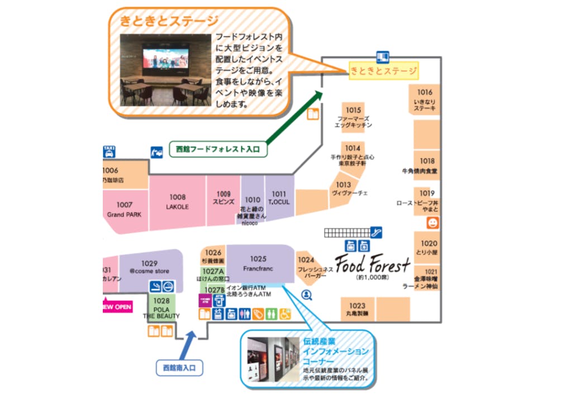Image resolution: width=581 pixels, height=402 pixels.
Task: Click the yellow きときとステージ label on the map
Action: tap(384, 71)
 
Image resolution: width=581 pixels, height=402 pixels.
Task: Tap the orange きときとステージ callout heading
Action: tap(169, 22)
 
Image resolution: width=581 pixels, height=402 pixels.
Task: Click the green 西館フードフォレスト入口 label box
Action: tap(217, 149)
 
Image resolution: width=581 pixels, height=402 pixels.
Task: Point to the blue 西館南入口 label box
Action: tap(179, 367)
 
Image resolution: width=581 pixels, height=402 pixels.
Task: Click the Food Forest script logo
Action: tap(373, 264)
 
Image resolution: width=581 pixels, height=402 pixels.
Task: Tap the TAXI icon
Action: tap(109, 151)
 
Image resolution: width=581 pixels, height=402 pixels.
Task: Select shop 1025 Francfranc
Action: tap(258, 264)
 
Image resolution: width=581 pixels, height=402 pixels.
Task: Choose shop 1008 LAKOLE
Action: tap(178, 202)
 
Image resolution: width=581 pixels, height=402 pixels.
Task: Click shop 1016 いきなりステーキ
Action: tap(425, 100)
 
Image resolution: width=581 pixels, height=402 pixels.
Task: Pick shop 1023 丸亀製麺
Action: tap(358, 309)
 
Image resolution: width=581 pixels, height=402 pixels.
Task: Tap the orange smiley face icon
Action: tap(432, 223)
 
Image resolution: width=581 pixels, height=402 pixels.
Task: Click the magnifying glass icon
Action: tap(307, 294)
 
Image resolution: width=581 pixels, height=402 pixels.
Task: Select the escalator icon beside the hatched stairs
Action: tap(377, 231)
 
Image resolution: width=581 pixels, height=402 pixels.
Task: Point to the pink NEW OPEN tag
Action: tap(117, 307)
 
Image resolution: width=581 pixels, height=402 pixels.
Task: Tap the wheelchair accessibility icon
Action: tap(285, 314)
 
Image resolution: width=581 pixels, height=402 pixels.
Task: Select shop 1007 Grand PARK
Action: tap(125, 209)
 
